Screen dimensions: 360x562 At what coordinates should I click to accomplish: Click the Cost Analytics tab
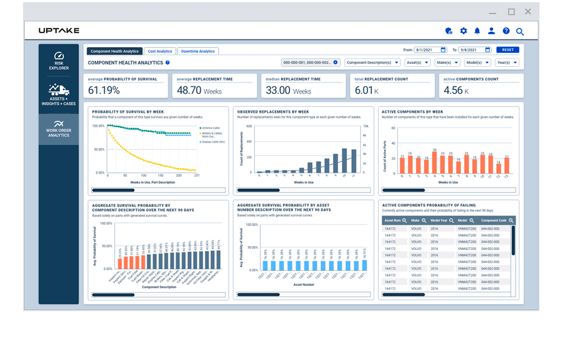pyautogui.click(x=160, y=51)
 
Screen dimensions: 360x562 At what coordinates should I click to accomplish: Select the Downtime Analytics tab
pyautogui.click(x=198, y=51)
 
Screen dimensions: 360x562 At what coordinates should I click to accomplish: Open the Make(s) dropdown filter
pyautogui.click(x=447, y=62)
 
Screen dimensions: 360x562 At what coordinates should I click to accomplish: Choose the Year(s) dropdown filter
pyautogui.click(x=507, y=62)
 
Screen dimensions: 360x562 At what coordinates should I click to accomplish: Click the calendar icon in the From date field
pyautogui.click(x=443, y=50)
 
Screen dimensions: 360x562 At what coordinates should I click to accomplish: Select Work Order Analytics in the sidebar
pyautogui.click(x=58, y=129)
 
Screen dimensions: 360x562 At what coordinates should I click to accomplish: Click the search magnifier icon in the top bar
pyautogui.click(x=520, y=31)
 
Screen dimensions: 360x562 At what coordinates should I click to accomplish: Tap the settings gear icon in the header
pyautogui.click(x=464, y=31)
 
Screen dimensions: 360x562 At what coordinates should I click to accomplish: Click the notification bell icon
pyautogui.click(x=477, y=31)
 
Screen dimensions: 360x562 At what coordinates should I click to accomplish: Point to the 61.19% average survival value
pyautogui.click(x=104, y=90)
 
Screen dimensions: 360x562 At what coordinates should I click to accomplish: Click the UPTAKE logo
pyautogui.click(x=59, y=30)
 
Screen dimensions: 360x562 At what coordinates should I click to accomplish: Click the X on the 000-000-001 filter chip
pyautogui.click(x=336, y=62)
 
